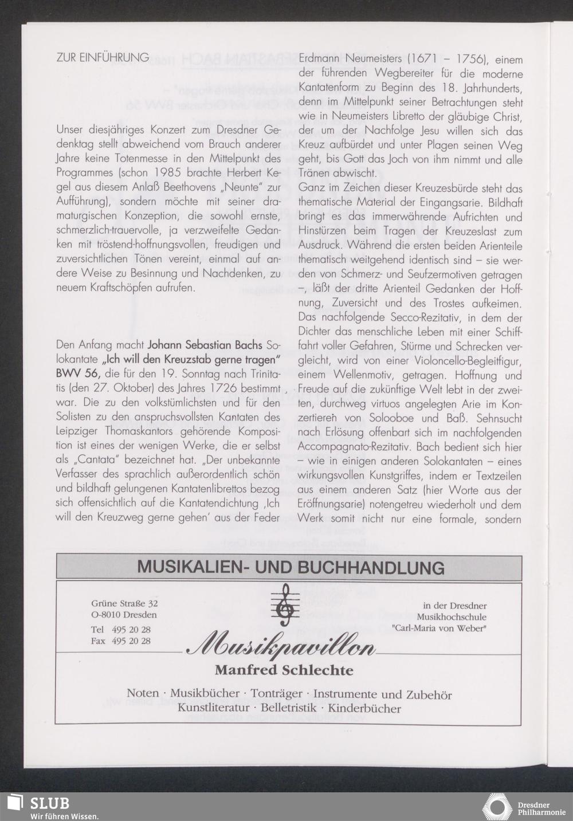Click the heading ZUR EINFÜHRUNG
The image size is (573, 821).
coord(103,57)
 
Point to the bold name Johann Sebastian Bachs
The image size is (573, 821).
coord(205,345)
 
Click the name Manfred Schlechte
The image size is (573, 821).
coord(284,670)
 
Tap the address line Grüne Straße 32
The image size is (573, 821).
coord(124,603)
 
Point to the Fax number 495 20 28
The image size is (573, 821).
coord(131,641)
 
